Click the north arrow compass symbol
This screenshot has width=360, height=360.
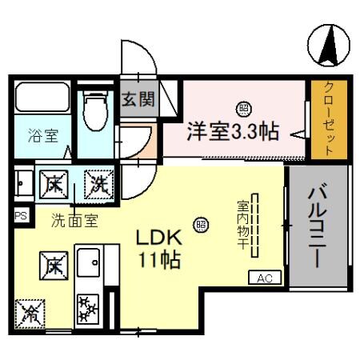(x=329, y=45)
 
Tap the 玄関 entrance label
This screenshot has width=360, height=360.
(x=138, y=101)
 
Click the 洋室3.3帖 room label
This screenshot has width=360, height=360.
(x=233, y=130)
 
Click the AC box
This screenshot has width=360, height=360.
(x=266, y=278)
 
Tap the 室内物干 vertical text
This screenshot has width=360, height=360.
(x=240, y=226)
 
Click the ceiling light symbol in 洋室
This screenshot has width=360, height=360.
(x=241, y=107)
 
